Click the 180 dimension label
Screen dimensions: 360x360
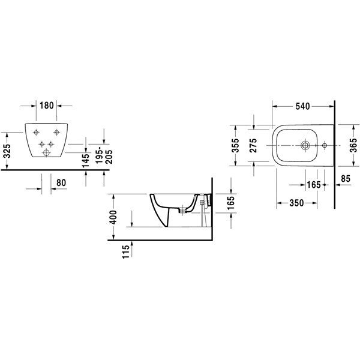point(47,106)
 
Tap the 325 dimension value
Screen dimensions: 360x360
point(7,151)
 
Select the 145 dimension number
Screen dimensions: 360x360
point(85,160)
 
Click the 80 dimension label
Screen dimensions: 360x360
point(61,183)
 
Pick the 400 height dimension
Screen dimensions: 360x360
point(113,217)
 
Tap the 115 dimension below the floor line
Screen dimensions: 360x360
point(126,252)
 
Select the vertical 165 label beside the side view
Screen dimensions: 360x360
point(230,202)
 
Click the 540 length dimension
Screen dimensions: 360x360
point(302,106)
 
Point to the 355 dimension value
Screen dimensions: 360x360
point(235,145)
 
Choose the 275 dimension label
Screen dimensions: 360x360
point(253,145)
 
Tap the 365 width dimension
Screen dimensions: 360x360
point(353,145)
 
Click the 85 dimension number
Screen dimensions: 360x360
point(346,178)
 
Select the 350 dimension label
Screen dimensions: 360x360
point(296,203)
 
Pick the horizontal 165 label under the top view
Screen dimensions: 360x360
point(314,185)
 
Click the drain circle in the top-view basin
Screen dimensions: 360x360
point(305,145)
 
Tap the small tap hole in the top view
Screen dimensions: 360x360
point(325,145)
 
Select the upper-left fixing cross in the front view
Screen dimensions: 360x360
point(36,132)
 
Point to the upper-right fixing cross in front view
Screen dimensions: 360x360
point(56,132)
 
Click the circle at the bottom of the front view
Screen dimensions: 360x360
point(46,152)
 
